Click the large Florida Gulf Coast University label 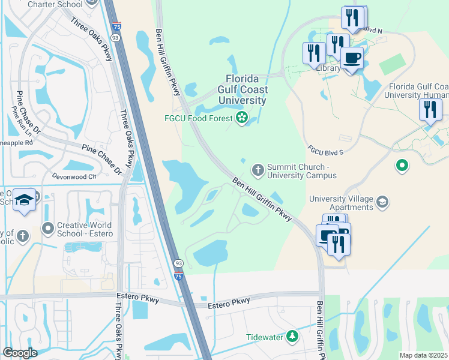pyautogui.click(x=246, y=89)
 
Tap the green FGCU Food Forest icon pyautogui.click(x=242, y=118)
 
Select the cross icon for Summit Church pyautogui.click(x=258, y=170)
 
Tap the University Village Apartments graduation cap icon pyautogui.click(x=382, y=203)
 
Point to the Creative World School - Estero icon pyautogui.click(x=47, y=228)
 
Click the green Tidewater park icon pyautogui.click(x=292, y=337)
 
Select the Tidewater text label pyautogui.click(x=264, y=337)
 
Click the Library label pyautogui.click(x=330, y=68)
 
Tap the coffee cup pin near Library pyautogui.click(x=352, y=58)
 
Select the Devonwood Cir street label pyautogui.click(x=74, y=177)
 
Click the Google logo pyautogui.click(x=20, y=352)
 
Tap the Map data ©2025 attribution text pyautogui.click(x=424, y=355)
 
